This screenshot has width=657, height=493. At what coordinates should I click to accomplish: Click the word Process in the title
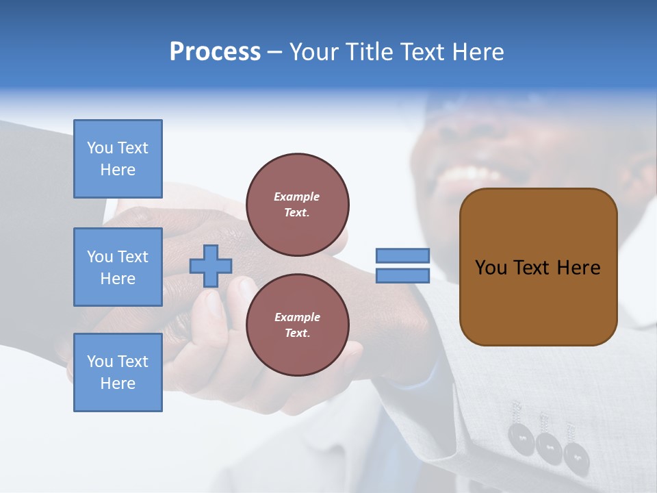point(215,52)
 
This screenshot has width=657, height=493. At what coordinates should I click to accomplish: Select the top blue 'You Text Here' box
point(118,159)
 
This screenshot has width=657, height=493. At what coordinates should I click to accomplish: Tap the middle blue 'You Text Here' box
point(118,267)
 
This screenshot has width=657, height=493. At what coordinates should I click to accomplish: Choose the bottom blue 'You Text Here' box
point(118,372)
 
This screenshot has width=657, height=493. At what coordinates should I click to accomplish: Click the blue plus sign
point(211,266)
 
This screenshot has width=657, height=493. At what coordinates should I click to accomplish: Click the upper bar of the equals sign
point(402,256)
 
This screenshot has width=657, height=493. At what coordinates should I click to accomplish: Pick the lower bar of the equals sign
point(402,276)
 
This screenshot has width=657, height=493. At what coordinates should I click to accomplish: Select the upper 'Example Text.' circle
point(297,205)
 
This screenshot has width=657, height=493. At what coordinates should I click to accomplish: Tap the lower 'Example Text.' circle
point(297,325)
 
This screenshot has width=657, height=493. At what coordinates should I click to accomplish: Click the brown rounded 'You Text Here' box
point(538,267)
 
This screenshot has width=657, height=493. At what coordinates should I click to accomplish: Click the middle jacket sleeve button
point(549,446)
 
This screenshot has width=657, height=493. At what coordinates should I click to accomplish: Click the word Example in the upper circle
point(297,197)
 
